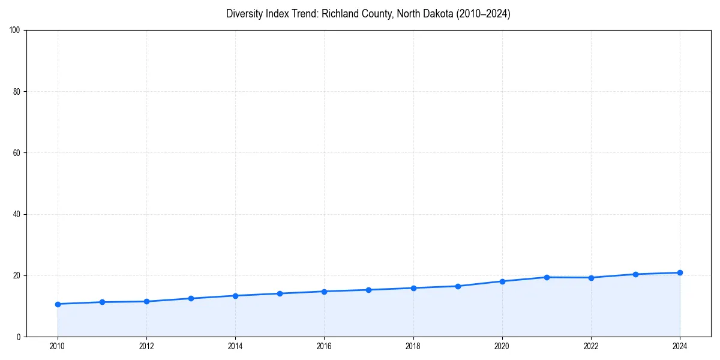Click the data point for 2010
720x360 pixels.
click(x=58, y=304)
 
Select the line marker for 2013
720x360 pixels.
click(x=191, y=298)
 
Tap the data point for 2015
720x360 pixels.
click(x=280, y=293)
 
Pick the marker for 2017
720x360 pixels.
click(x=368, y=290)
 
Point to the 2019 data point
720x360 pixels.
click(x=458, y=286)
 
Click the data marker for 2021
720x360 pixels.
click(x=547, y=277)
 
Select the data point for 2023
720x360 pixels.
click(x=635, y=274)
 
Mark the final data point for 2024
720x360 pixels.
click(x=680, y=272)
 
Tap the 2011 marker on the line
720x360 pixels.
click(x=102, y=302)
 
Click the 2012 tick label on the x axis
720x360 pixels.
click(x=146, y=346)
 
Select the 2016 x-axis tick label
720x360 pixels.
click(x=324, y=346)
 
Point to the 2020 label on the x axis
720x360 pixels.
click(x=502, y=346)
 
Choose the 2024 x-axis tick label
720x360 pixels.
click(x=680, y=346)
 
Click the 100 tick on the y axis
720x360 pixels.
click(x=16, y=31)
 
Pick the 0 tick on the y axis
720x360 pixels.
click(x=19, y=337)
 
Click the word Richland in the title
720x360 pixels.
click(x=340, y=14)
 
